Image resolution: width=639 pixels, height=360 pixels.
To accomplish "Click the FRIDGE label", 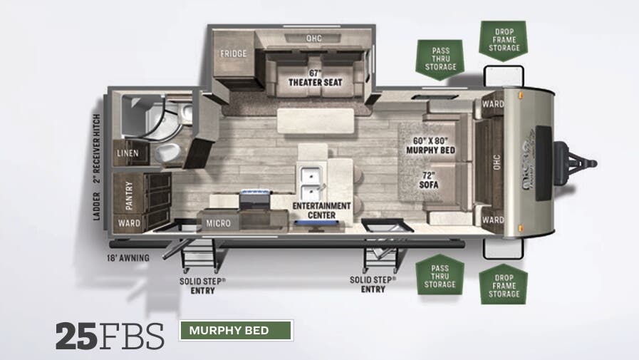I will (x=233, y=53).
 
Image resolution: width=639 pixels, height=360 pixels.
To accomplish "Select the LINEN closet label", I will (x=129, y=153).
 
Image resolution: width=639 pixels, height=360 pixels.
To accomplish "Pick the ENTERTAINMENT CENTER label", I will (x=322, y=210).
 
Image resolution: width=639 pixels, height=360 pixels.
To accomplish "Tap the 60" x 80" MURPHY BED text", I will (x=430, y=145).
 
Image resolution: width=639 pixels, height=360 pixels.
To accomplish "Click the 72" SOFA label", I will (x=428, y=180).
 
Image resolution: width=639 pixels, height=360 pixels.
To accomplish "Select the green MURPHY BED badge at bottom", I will (x=236, y=331).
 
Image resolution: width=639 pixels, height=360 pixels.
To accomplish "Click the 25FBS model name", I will (x=110, y=336).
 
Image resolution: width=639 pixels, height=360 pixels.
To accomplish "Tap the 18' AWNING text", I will (x=128, y=257).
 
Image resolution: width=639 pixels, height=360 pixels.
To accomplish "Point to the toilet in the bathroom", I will (x=168, y=152).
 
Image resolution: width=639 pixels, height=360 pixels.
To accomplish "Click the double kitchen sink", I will (x=311, y=183).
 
